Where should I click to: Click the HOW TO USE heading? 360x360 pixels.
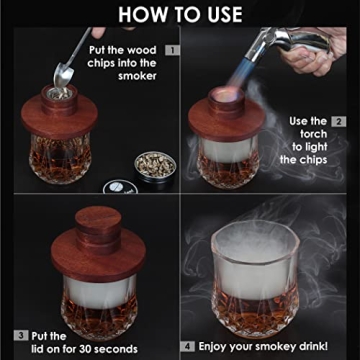(x=180, y=13)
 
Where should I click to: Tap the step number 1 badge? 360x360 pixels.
(x=172, y=48)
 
